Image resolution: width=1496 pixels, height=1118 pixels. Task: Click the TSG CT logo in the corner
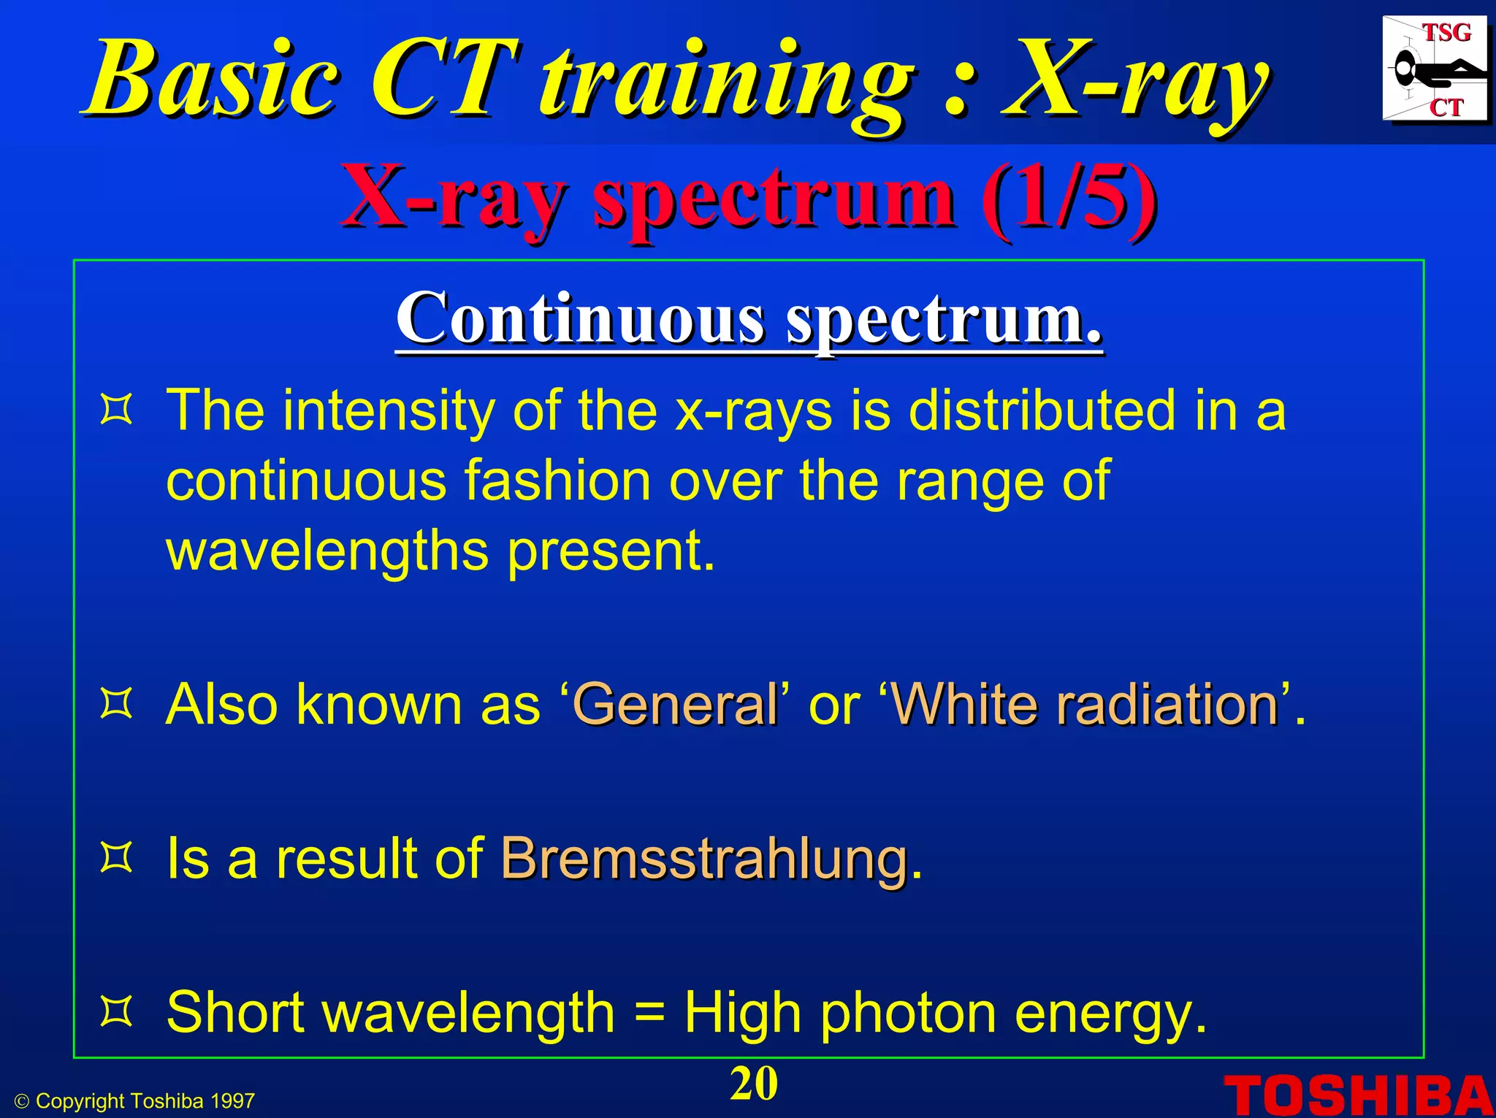pyautogui.click(x=1434, y=69)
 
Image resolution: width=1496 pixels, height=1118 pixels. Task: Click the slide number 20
pyautogui.click(x=754, y=1084)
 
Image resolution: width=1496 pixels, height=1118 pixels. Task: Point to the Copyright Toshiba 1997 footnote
pyautogui.click(x=136, y=1101)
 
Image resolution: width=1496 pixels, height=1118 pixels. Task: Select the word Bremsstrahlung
pyautogui.click(x=704, y=859)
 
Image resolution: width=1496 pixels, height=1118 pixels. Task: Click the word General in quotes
pyautogui.click(x=675, y=705)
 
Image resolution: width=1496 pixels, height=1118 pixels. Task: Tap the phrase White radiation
pyautogui.click(x=1085, y=705)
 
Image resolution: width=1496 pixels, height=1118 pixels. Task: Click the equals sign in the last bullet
pyautogui.click(x=649, y=1014)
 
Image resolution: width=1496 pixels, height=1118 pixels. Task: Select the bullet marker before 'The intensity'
pyautogui.click(x=116, y=410)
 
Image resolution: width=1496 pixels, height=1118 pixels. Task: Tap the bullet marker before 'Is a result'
pyautogui.click(x=116, y=858)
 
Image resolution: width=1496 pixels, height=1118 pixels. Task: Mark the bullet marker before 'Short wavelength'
pyautogui.click(x=116, y=1012)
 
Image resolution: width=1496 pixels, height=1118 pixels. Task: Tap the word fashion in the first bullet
pyautogui.click(x=557, y=481)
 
